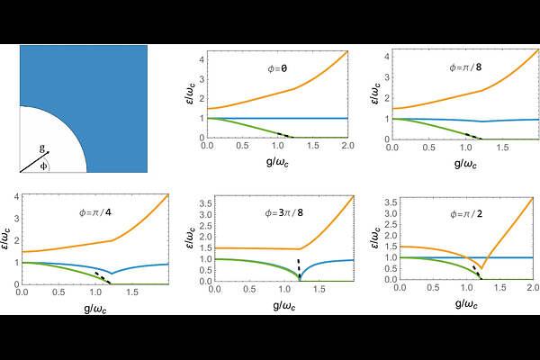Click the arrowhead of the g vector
tap(47, 153)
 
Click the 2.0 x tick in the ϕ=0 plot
tap(347, 146)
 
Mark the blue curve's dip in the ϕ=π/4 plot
tap(110, 273)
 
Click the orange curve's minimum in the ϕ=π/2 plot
tap(482, 267)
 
